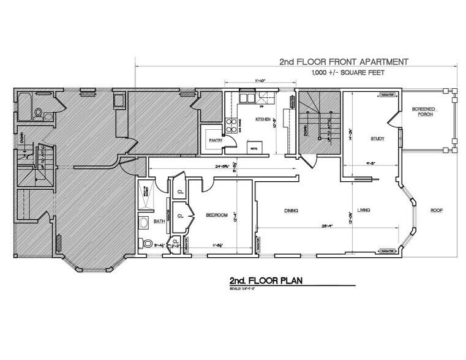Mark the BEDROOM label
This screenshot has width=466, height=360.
217,215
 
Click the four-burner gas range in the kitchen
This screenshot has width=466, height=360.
233,126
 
